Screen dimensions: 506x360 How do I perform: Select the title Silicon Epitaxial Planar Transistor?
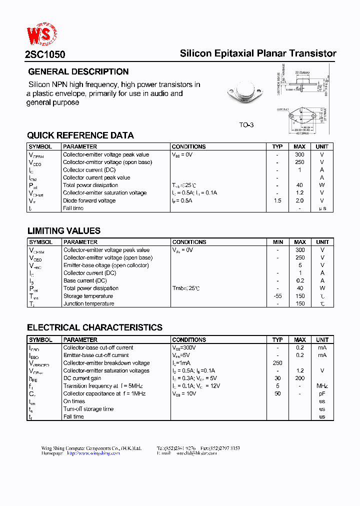tap(258, 53)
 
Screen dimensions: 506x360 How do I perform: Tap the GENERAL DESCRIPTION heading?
tap(78, 71)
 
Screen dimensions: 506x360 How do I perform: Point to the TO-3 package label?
tap(246, 124)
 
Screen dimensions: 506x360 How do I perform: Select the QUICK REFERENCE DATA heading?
tap(80, 135)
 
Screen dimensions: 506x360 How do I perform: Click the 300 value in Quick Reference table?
tap(299, 154)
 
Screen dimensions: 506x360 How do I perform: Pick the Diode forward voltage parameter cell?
tap(89, 200)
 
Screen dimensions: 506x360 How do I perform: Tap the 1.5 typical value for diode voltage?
tap(277, 200)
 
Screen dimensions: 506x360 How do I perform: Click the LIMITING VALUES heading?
tap(63, 231)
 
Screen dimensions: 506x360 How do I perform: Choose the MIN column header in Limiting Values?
tap(278, 242)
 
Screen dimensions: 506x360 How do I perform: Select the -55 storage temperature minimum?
tap(278, 296)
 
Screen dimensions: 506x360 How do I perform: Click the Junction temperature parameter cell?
tap(88, 303)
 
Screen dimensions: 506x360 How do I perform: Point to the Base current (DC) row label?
tap(85, 280)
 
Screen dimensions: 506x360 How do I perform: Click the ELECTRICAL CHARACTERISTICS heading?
tap(94, 328)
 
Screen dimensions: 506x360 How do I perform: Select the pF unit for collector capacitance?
tap(322, 393)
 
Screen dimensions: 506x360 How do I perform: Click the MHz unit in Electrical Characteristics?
tap(322, 386)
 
